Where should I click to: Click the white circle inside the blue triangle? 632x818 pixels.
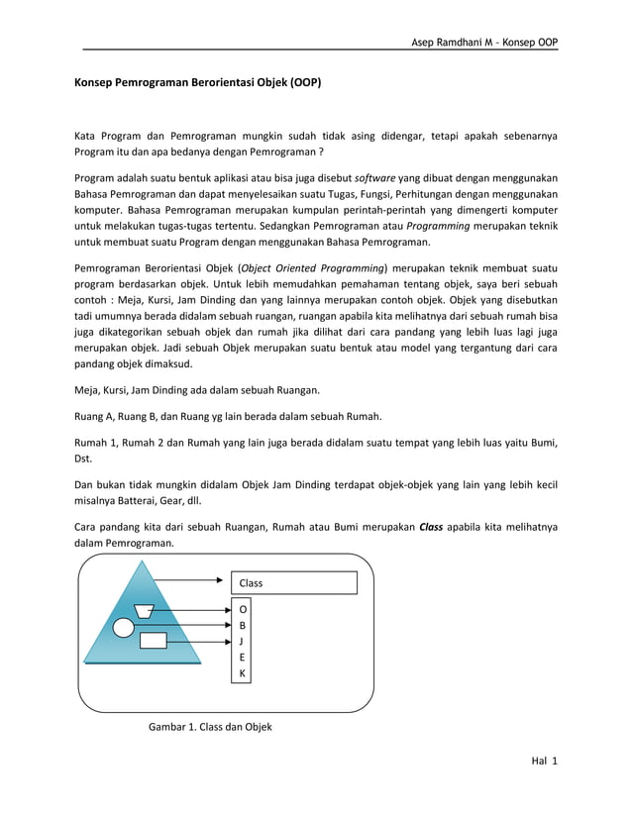click(124, 627)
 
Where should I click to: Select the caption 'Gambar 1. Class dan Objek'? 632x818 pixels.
click(209, 727)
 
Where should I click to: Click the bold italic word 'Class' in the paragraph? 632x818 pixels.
click(431, 527)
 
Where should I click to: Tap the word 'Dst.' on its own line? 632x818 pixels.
click(86, 458)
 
